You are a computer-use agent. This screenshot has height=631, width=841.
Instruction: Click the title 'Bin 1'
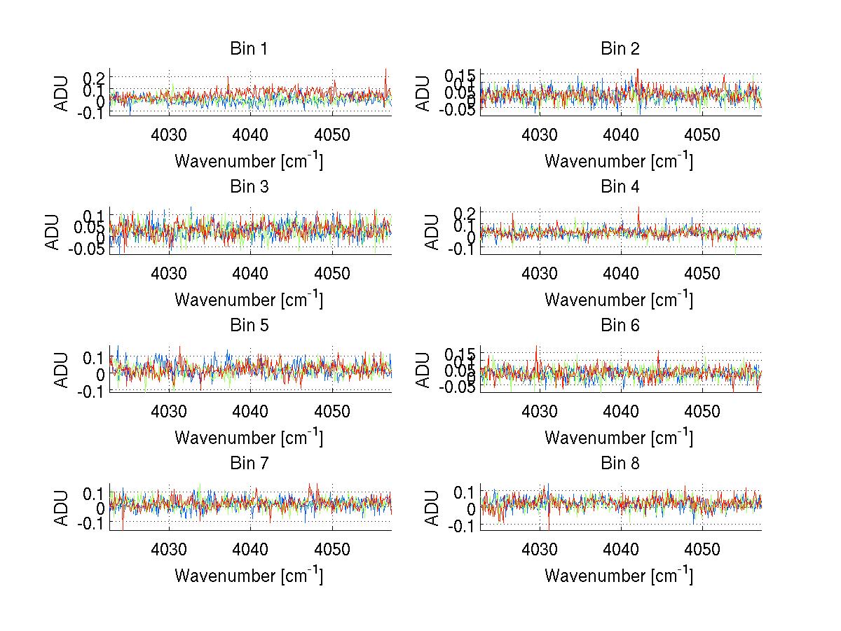pos(249,49)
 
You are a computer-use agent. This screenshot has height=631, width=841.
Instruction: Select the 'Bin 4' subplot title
pos(620,187)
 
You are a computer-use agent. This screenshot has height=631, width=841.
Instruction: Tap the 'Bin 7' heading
pos(249,464)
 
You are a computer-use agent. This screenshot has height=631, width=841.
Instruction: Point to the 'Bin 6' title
pos(620,326)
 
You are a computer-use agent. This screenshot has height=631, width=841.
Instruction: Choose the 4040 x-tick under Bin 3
pos(250,272)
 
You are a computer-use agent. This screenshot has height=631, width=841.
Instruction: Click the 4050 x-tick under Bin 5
pos(332,410)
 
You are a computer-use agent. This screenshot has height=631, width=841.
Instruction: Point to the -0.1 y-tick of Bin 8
pos(461,525)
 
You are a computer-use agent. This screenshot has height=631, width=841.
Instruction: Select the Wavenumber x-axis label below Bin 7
pos(249,576)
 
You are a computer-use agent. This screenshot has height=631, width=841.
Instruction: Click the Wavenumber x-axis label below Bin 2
pos(620,161)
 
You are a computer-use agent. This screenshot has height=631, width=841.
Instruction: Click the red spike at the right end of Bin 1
pos(386,71)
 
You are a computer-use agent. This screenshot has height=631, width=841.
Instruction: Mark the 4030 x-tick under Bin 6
pos(540,410)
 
